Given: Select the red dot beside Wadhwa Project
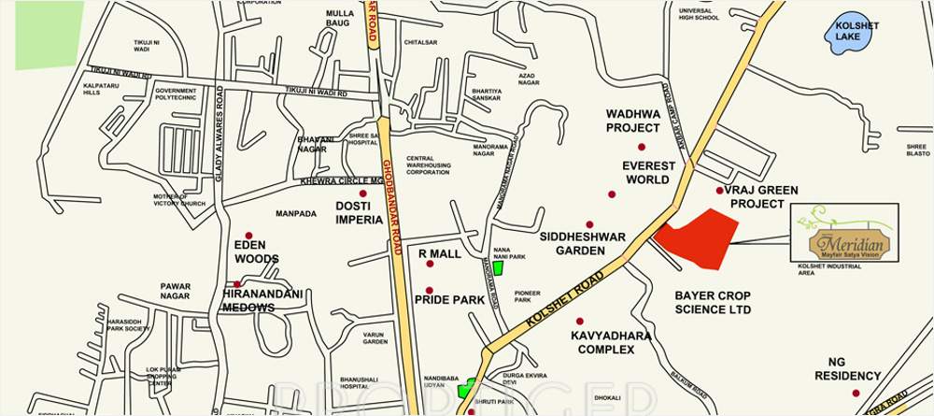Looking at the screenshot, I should pos(642,147).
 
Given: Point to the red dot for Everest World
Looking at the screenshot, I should pos(612,194).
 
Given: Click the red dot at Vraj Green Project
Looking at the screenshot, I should pos(719,191).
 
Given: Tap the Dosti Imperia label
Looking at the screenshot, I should pos(359,212).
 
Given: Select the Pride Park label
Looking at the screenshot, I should pos(449,300).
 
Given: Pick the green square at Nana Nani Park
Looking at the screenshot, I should pos(498,268).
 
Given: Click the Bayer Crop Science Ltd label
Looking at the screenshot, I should pos(713,302).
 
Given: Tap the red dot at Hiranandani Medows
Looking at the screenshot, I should pos(238,283).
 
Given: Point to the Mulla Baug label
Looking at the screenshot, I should pos(340,18).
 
